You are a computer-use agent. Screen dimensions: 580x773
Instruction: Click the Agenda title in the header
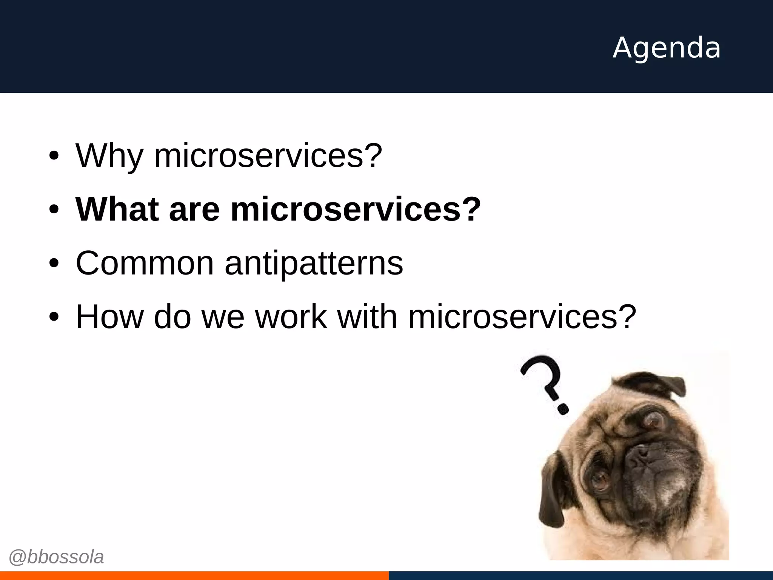click(667, 48)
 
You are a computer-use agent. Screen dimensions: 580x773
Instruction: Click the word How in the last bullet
click(109, 317)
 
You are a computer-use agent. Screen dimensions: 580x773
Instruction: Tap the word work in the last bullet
click(291, 317)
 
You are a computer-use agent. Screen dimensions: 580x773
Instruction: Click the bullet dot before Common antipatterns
click(54, 264)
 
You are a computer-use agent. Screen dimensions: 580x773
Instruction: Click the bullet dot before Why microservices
click(54, 156)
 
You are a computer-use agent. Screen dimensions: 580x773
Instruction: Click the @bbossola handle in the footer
click(56, 557)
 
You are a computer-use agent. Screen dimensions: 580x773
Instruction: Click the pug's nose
click(642, 455)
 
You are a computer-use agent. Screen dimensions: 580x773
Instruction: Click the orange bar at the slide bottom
click(194, 575)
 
